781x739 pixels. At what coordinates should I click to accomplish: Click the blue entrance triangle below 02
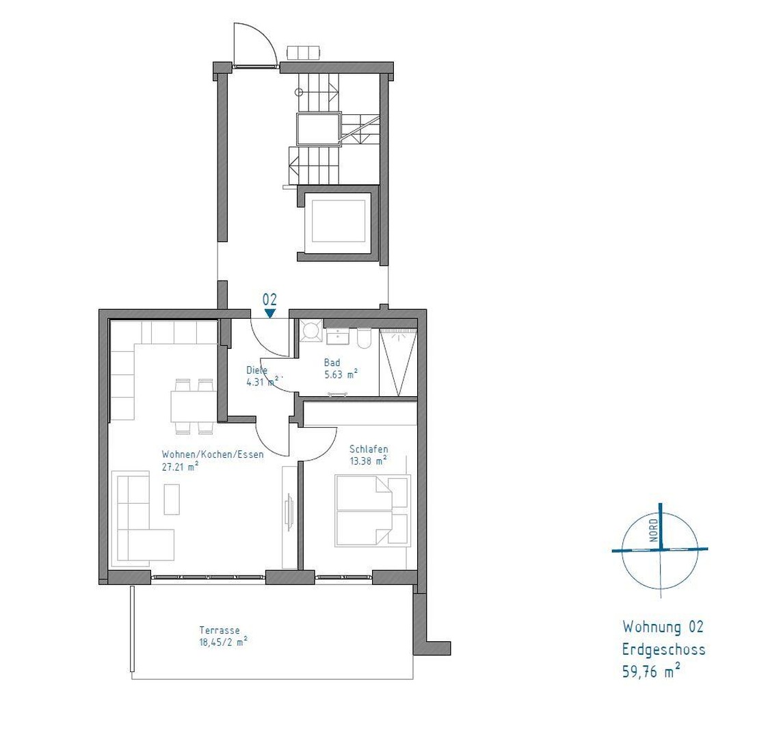pos(270,313)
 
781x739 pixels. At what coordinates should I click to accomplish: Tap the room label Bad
pos(332,363)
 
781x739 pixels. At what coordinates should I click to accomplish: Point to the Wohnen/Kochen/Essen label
pos(212,454)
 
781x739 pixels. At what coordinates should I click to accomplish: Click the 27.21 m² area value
pos(180,466)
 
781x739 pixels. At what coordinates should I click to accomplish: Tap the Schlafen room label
pos(369,449)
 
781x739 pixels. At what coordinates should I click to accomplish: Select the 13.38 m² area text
pos(368,461)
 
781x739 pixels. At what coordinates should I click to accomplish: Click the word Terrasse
pos(220,630)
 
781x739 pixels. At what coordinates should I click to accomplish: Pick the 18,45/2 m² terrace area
pos(223,642)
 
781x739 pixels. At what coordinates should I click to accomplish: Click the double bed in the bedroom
pos(372,510)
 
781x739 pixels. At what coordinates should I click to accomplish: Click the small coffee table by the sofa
pos(172,499)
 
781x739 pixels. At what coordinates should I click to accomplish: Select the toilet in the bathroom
pos(363,337)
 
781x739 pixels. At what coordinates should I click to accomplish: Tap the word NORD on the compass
pos(654,530)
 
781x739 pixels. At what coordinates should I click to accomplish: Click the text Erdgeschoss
pos(663,649)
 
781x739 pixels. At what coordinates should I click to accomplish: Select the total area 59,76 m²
pos(650,671)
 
